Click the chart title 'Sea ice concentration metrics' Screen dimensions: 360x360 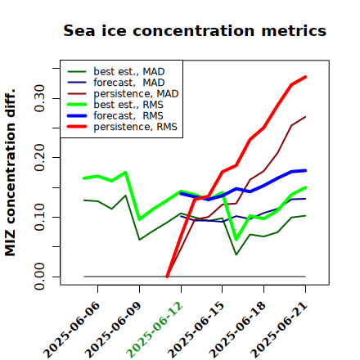pyautogui.click(x=195, y=30)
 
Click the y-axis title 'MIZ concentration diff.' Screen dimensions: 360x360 pyautogui.click(x=10, y=173)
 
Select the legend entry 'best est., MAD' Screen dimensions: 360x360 pyautogui.click(x=116, y=71)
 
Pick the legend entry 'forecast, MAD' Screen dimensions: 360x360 pyautogui.click(x=116, y=83)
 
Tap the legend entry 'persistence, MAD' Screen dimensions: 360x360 pyautogui.click(x=123, y=93)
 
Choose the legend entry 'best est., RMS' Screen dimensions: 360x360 pyautogui.click(x=115, y=105)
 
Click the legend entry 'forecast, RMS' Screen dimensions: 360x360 pyautogui.click(x=115, y=115)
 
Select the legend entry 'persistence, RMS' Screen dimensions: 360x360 pyautogui.click(x=122, y=127)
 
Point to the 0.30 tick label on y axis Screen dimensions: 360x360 pyautogui.click(x=40, y=98)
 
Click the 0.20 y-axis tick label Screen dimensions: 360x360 pyautogui.click(x=40, y=157)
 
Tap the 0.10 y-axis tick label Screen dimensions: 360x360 pyautogui.click(x=40, y=217)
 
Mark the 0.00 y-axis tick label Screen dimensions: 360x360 pyautogui.click(x=40, y=277)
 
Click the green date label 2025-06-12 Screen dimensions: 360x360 pyautogui.click(x=155, y=330)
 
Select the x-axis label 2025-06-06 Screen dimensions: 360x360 pyautogui.click(x=71, y=330)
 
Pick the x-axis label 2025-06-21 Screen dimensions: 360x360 pyautogui.click(x=279, y=330)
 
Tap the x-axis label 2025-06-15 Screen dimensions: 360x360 pyautogui.click(x=196, y=330)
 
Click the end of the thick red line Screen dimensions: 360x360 pyautogui.click(x=305, y=77)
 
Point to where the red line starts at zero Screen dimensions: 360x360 pyautogui.click(x=167, y=277)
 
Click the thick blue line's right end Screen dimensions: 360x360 pyautogui.click(x=305, y=170)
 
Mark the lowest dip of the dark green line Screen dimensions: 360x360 pyautogui.click(x=236, y=254)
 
